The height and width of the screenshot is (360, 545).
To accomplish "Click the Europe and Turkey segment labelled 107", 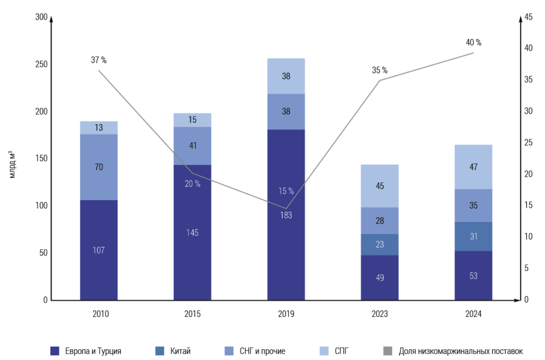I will coord(98,250).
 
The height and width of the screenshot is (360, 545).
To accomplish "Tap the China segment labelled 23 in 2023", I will coord(379,244).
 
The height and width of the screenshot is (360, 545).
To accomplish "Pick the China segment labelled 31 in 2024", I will coord(473,236).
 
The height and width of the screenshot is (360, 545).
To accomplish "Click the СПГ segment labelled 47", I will coord(473,167).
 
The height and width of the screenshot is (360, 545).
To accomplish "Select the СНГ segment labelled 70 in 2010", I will coord(98,167).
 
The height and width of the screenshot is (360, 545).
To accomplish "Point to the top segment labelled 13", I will coord(98,127).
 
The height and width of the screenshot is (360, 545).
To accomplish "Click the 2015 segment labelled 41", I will coord(192,145).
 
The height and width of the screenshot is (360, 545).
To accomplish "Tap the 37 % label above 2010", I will coord(98,60).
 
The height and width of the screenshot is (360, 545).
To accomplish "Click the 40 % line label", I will coord(473,43).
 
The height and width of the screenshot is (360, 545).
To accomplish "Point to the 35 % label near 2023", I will coord(379,70).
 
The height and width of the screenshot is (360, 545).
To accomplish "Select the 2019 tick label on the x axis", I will coord(286,314).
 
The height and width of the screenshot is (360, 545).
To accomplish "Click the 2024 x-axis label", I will coord(473,314).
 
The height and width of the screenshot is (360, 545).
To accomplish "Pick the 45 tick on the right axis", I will coord(529,17).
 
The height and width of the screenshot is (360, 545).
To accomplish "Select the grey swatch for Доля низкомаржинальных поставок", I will coord(387,351).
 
